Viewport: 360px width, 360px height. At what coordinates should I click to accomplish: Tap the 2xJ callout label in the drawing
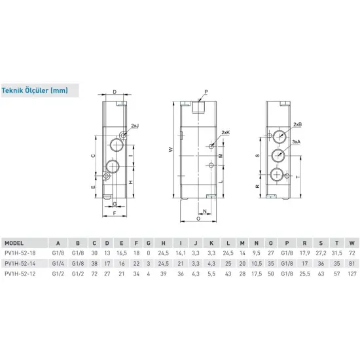[135, 125]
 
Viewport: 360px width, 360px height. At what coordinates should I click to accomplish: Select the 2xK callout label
[226, 133]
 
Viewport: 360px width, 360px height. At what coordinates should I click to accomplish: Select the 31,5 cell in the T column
[337, 252]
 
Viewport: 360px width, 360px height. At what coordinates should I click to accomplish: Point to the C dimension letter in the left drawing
[93, 156]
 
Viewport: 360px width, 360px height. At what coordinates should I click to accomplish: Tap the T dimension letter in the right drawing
[299, 177]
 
